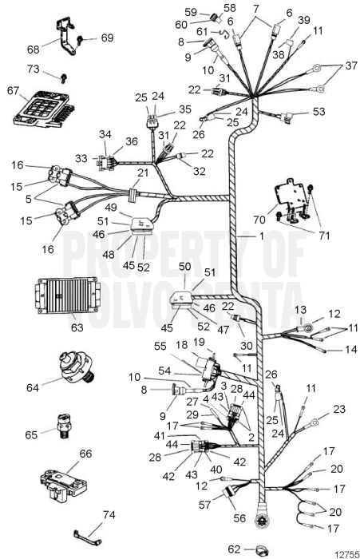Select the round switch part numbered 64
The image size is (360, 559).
[75, 368]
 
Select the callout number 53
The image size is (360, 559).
[319, 111]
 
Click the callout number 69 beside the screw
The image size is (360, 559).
[107, 38]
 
